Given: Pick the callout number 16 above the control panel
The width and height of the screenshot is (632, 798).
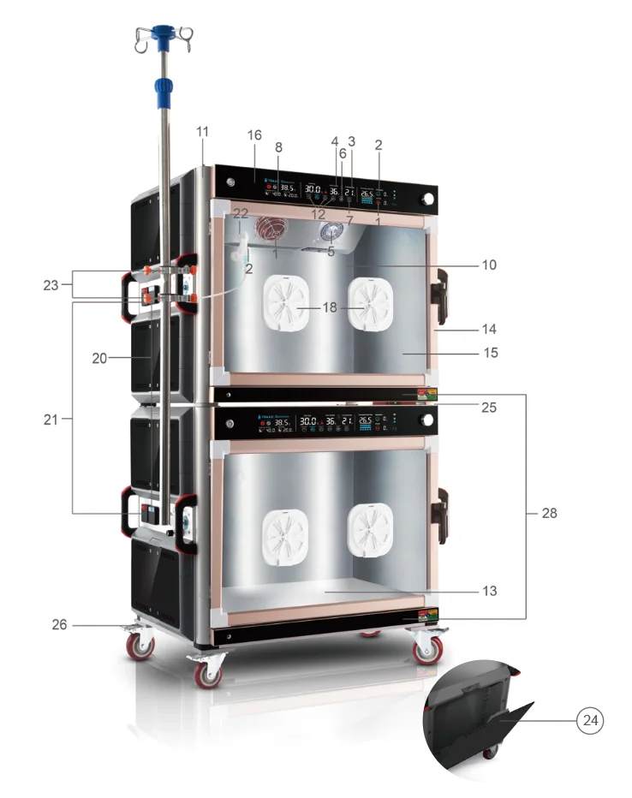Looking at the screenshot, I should tap(253, 136).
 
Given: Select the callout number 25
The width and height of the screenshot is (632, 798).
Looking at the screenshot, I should tap(489, 408).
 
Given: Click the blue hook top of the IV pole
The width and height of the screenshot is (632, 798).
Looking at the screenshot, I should tap(160, 34).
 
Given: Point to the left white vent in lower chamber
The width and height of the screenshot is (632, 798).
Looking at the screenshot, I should tap(285, 530).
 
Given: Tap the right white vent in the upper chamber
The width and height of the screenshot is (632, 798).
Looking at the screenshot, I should tap(370, 303).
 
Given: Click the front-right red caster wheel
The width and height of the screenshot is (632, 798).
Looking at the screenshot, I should tap(426, 652).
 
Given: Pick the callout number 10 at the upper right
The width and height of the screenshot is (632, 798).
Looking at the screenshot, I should tap(489, 265).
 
